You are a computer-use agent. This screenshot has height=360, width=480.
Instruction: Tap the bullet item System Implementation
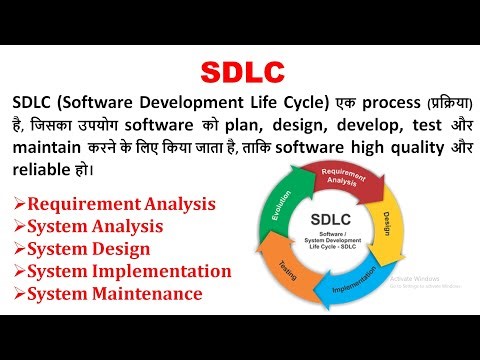pos(129,271)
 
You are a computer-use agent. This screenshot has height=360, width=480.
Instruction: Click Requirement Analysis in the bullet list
pos(121,204)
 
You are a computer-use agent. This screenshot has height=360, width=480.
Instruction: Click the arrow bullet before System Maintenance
pos(19,294)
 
